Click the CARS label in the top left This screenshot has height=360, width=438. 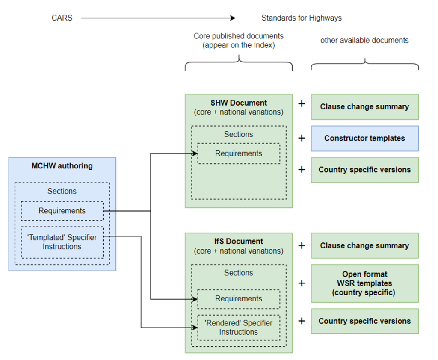coord(62,18)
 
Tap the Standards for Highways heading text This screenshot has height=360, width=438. coord(301,18)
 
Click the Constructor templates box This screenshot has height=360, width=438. coord(364,138)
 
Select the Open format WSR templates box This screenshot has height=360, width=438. coord(364,283)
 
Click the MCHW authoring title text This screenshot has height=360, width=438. coord(62,166)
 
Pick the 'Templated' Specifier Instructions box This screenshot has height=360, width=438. coord(62,242)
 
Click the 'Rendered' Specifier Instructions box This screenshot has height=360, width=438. coord(238,328)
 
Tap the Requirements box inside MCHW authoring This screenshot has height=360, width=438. coord(62,211)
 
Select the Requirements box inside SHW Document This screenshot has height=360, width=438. coord(238,153)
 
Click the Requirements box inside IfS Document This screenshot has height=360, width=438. coord(238,299)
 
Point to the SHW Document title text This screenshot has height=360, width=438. coord(238,103)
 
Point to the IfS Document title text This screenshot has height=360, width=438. coord(238,242)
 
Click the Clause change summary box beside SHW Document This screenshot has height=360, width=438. coord(364,107)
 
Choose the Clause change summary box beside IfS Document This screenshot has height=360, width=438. coord(364,246)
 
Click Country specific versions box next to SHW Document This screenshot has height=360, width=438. coord(364,170)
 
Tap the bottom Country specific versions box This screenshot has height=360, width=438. coord(364,321)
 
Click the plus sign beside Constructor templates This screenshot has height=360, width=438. coord(302,138)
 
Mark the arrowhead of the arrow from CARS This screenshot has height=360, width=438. coord(233,18)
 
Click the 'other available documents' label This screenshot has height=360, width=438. coord(364,41)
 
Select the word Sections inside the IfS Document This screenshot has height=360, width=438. coord(238,273)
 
